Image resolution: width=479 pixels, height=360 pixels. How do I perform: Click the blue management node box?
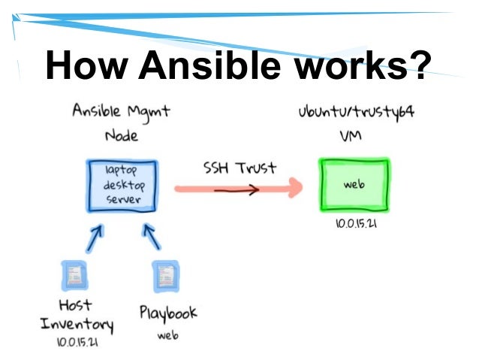coord(122,187)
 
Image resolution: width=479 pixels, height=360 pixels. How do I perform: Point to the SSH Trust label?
coord(230,168)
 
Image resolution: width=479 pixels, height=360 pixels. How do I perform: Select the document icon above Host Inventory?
coord(73,275)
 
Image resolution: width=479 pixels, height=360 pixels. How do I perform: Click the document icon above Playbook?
coord(163,276)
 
